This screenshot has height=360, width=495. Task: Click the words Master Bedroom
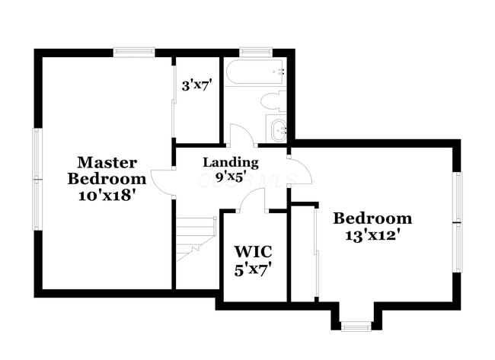tap(107, 170)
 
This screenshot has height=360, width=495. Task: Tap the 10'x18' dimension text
tap(107, 195)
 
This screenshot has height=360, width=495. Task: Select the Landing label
tap(230, 162)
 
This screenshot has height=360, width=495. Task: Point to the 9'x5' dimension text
tap(230, 177)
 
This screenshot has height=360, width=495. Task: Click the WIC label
tap(253, 251)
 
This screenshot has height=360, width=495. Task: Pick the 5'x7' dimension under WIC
tap(253, 268)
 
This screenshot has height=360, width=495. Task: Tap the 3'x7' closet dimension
tap(196, 84)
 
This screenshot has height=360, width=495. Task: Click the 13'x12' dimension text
tap(372, 234)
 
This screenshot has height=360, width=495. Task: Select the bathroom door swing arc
tap(241, 135)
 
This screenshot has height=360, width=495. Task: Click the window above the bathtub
tap(251, 53)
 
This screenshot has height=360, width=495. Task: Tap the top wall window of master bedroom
tap(134, 53)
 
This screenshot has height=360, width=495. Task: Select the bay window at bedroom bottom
tap(355, 327)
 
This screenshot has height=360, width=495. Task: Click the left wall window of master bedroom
tap(36, 179)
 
